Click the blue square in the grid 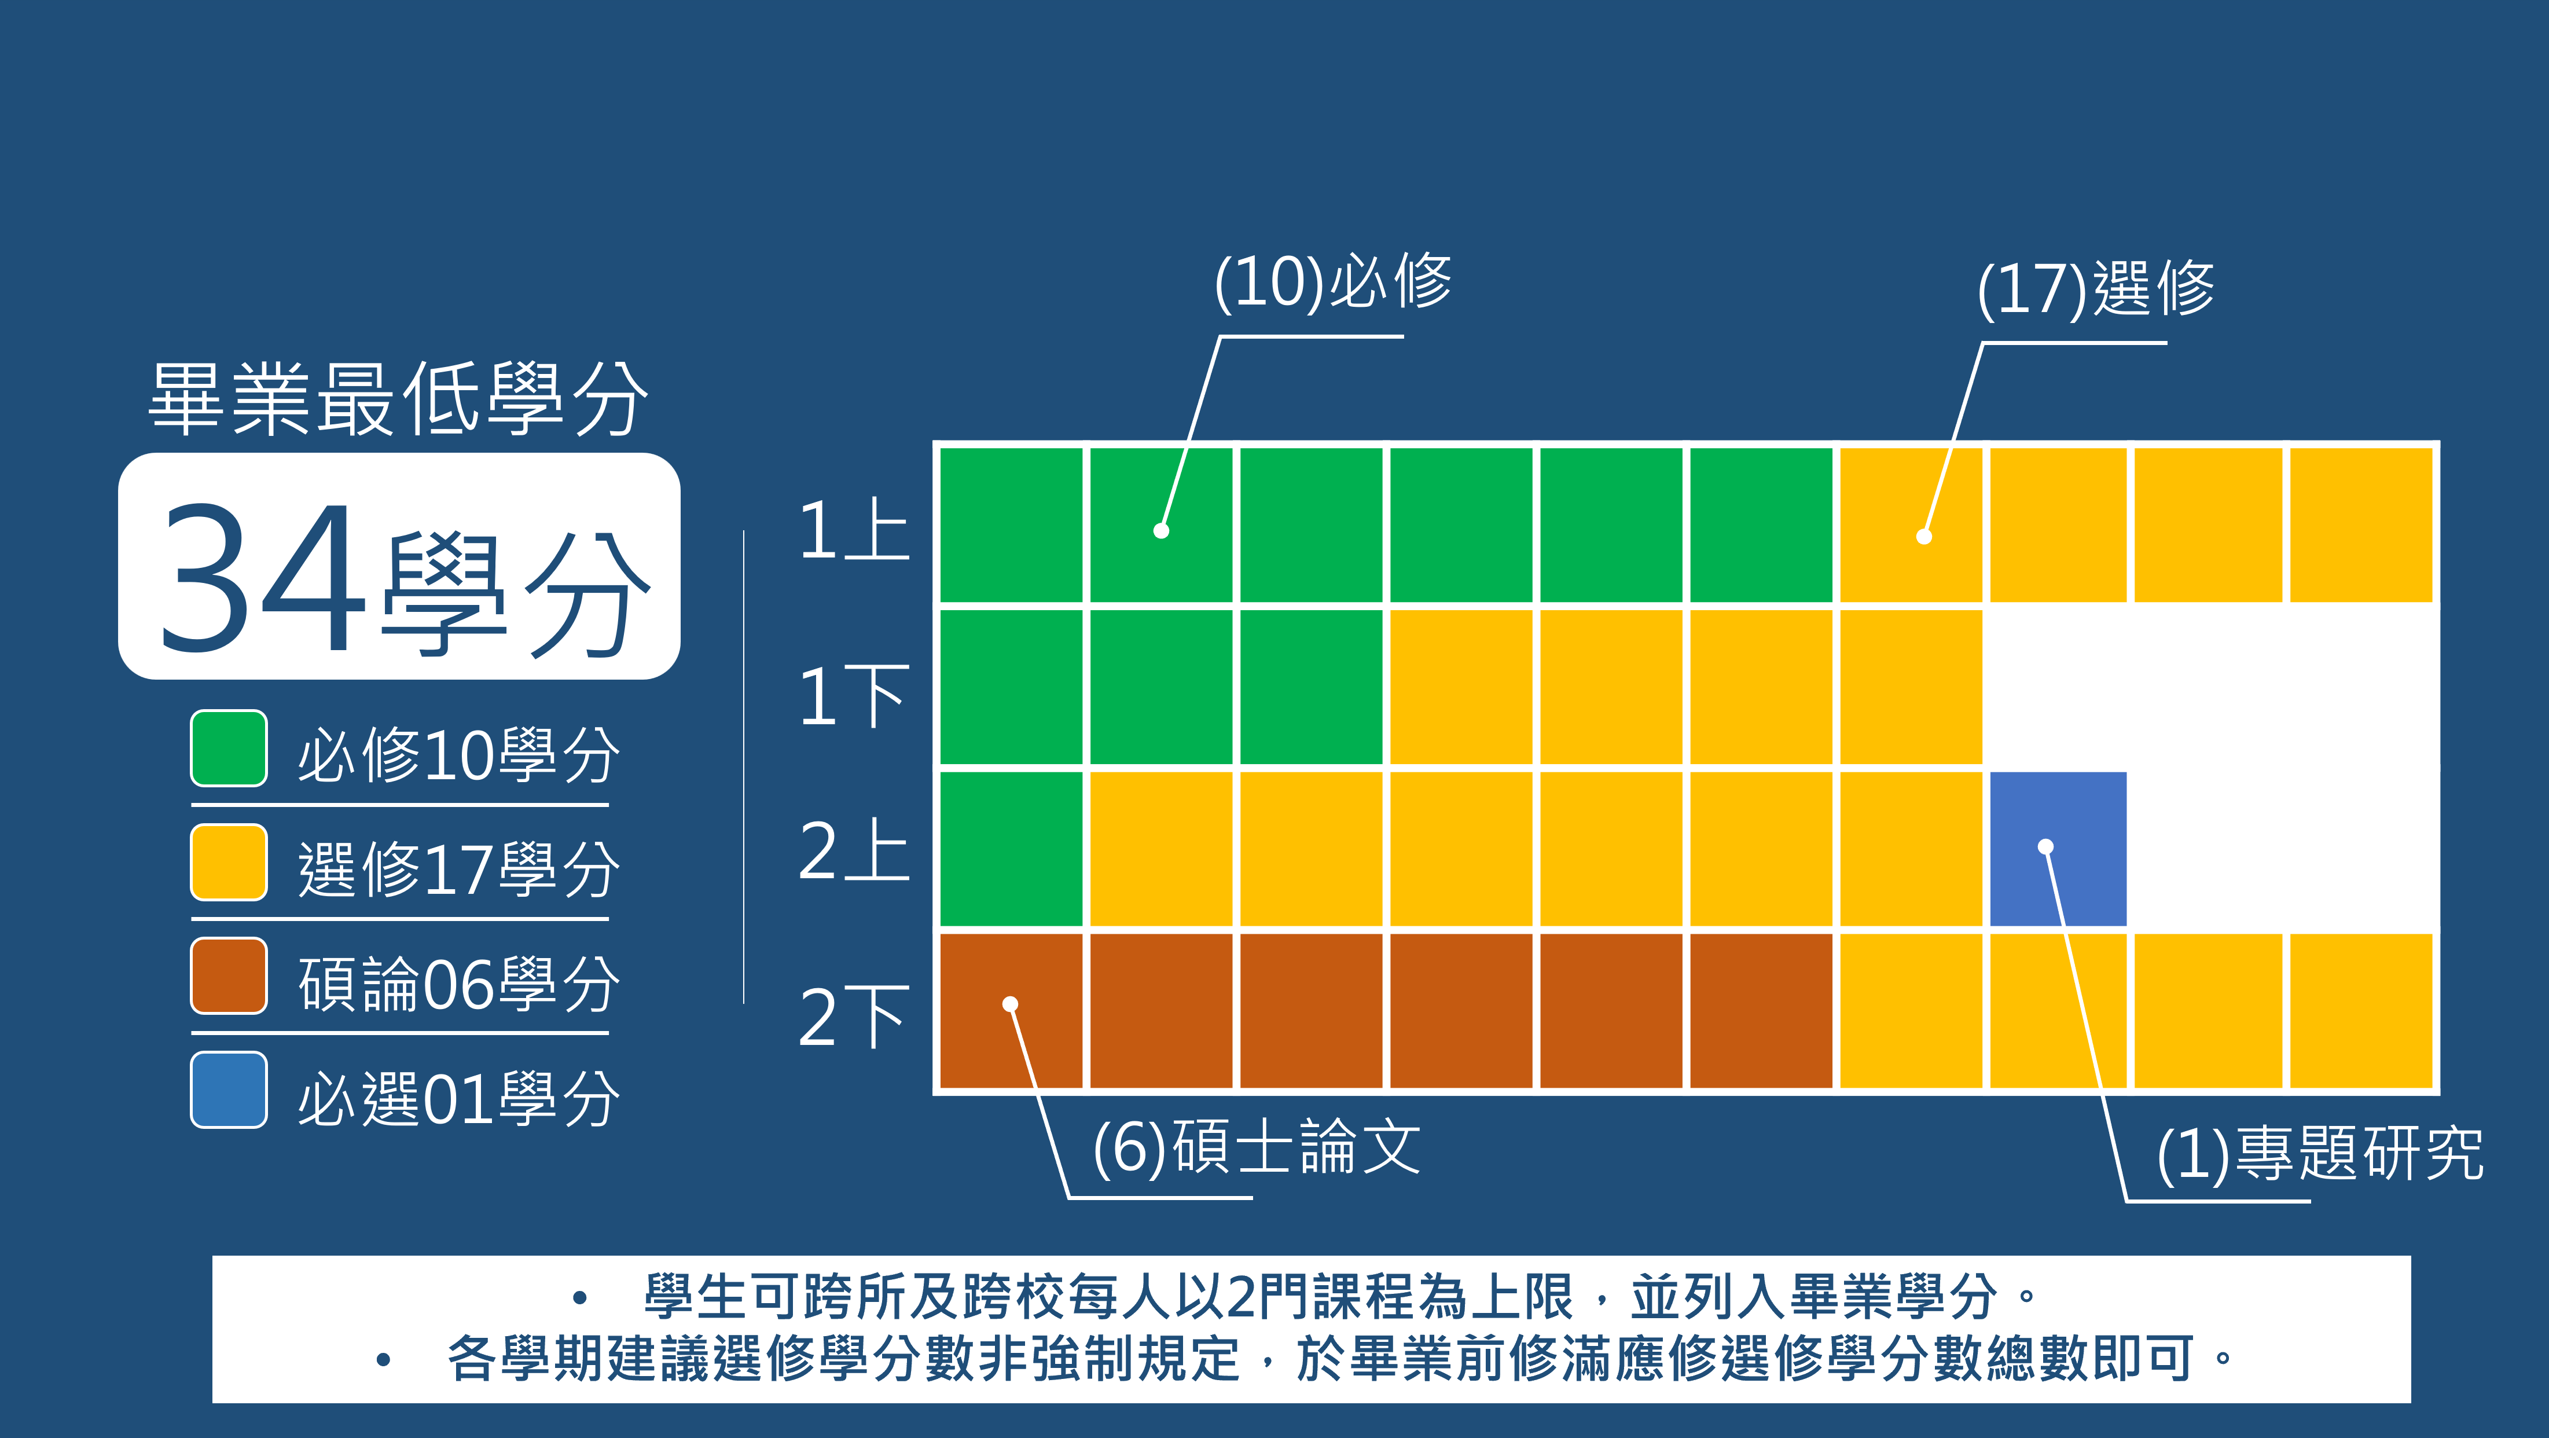(2057, 848)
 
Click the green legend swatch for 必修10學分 (229, 748)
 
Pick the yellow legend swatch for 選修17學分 (229, 862)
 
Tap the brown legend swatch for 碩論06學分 (229, 976)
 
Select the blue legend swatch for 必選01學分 (229, 1089)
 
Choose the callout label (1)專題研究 (2319, 1153)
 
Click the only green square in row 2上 (1011, 848)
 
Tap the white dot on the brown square (1011, 1004)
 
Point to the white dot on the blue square (2045, 846)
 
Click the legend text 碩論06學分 (458, 984)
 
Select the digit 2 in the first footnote (1241, 1297)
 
